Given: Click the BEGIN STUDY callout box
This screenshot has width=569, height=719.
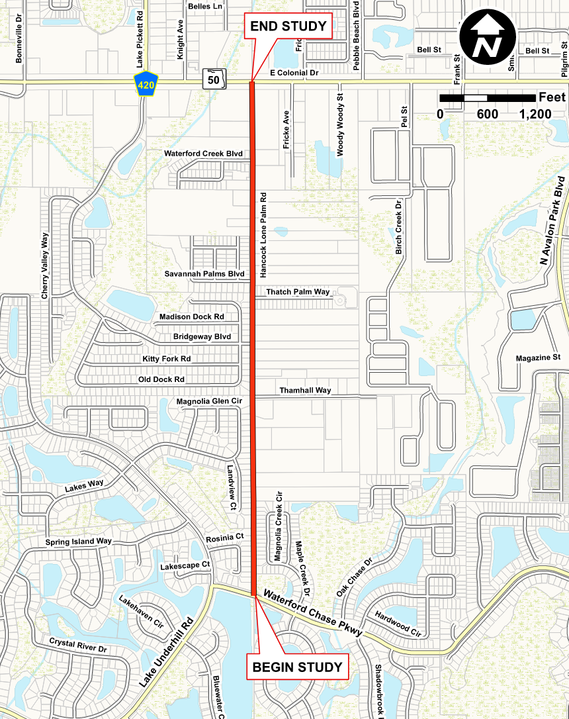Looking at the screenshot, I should coord(298,666).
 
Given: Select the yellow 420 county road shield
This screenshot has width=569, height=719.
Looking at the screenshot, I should coord(144,83).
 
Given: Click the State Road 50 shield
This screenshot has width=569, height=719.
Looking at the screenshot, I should coord(214,79).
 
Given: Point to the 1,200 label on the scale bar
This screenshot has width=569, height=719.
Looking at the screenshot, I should coord(535,115).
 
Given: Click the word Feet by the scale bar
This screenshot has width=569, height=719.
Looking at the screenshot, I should coord(552,97).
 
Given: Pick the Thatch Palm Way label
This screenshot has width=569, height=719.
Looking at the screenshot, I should coord(298,292).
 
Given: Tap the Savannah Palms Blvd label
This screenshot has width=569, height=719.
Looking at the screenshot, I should coord(204,273).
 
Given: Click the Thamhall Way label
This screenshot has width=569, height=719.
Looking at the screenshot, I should coord(305,391).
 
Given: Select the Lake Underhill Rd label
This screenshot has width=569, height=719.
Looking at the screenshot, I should coord(165,651).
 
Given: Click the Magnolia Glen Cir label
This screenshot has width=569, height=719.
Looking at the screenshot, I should coord(209,401).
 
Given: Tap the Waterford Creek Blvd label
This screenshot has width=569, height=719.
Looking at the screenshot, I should coord(204,154).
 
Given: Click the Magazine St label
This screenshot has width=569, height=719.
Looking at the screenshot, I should coord(538,358).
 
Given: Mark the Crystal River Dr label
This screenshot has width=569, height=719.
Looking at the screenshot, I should coord(78,646).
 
